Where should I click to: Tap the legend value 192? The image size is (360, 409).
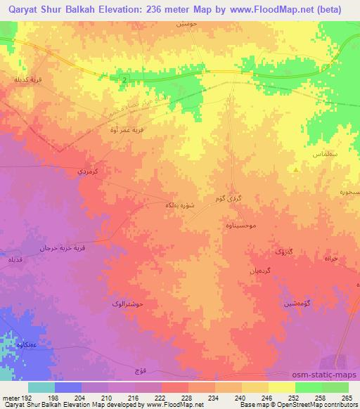[24, 398]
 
